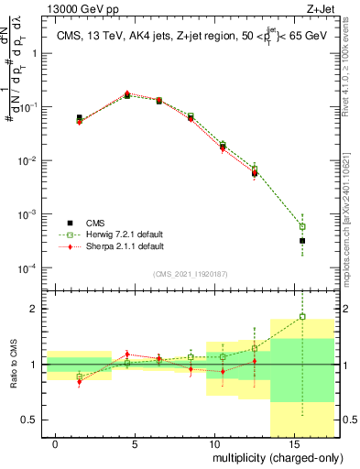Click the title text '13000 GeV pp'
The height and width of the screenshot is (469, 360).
pyautogui.click(x=54, y=7)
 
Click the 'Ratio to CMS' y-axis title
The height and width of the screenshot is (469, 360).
pyautogui.click(x=12, y=365)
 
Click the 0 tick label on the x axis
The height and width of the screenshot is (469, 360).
pyautogui.click(x=56, y=444)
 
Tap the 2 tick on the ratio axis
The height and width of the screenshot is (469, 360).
pyautogui.click(x=34, y=309)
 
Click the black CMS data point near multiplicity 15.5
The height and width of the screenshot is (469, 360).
pyautogui.click(x=303, y=241)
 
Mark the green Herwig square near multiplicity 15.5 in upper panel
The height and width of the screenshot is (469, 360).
pyautogui.click(x=303, y=226)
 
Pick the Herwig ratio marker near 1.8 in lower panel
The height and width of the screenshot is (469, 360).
pyautogui.click(x=303, y=317)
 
